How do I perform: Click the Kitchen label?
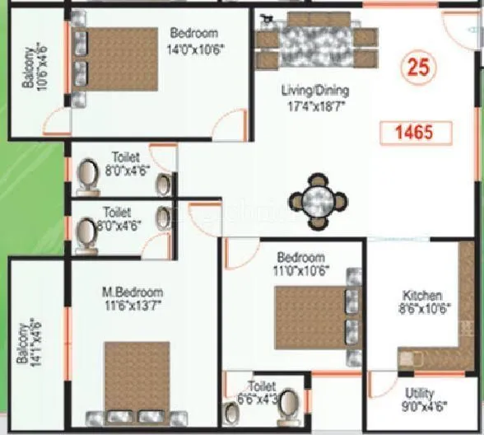[x=422, y=295]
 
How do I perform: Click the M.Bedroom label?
[x=132, y=292]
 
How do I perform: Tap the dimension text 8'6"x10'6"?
[x=422, y=309]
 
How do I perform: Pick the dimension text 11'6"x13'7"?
[x=133, y=306]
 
